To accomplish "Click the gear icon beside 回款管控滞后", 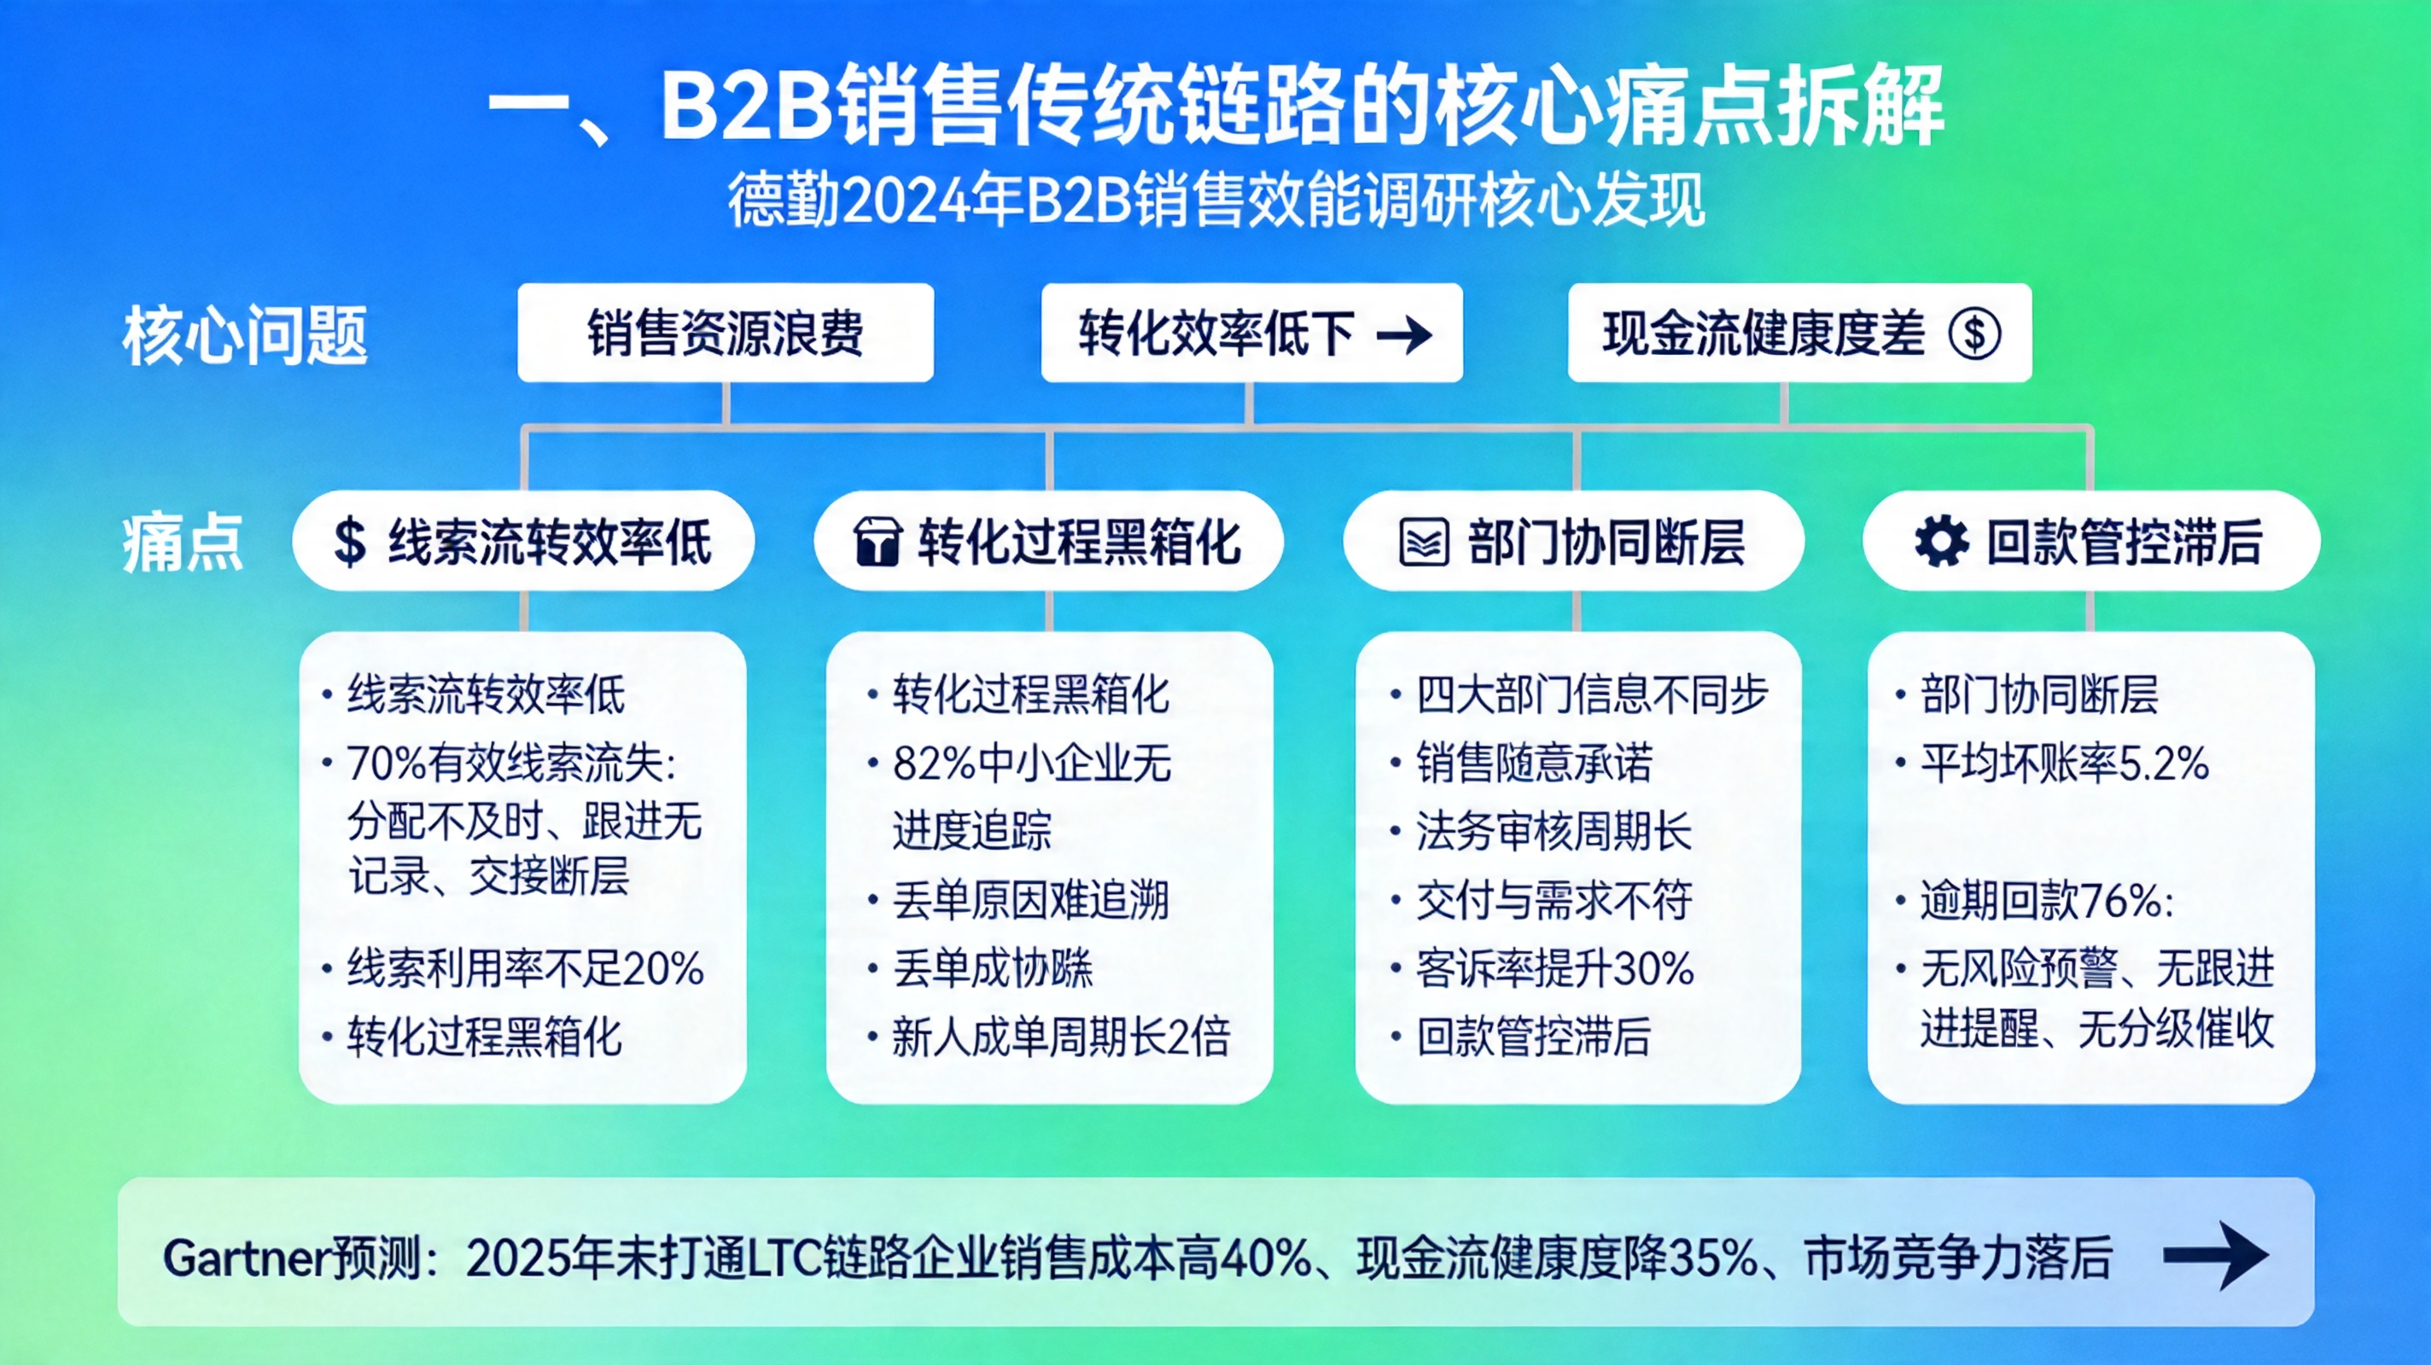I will pos(1941,542).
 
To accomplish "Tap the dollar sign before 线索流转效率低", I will pos(349,543).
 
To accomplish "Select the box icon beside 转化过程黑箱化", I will pos(877,543).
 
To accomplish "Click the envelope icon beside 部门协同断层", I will pos(1423,543).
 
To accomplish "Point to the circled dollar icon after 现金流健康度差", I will pos(1975,334).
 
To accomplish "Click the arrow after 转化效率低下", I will pos(1404,334).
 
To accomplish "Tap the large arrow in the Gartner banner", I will pos(2216,1255).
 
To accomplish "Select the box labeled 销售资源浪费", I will pos(725,333).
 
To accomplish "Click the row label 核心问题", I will pos(244,336).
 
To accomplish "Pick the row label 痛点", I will pos(182,543).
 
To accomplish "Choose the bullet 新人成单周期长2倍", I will pos(1061,1037).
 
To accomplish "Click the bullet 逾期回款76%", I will pos(2046,901).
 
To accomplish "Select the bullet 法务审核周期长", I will pos(1554,832).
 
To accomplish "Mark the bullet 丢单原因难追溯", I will pos(1030,901).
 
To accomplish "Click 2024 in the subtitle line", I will pos(905,201).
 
